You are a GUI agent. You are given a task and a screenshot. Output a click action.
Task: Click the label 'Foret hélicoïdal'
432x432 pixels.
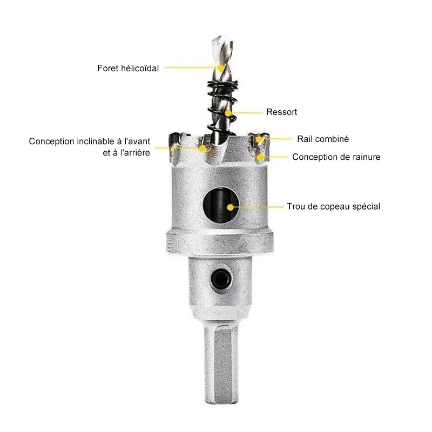(128, 68)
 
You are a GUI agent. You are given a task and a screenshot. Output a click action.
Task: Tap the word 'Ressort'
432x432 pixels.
(281, 112)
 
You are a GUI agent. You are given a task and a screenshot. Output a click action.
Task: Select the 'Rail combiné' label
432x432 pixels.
(323, 139)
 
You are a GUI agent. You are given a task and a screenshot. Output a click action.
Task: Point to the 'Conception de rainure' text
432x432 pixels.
(336, 157)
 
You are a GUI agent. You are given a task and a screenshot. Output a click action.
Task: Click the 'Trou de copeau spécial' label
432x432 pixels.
(333, 206)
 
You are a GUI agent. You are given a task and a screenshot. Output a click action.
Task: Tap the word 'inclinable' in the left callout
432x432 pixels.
(96, 141)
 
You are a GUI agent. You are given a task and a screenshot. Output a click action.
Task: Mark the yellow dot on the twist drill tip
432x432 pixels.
(220, 67)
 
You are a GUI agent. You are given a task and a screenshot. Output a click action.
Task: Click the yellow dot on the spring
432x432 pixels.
(228, 113)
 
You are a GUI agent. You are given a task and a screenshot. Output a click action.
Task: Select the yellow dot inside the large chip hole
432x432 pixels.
(230, 207)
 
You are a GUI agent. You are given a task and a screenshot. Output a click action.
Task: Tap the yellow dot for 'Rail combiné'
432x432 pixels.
(259, 139)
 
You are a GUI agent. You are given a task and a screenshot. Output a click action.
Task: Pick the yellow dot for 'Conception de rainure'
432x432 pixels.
(260, 157)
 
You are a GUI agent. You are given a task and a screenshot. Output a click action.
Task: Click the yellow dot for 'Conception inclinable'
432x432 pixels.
(203, 148)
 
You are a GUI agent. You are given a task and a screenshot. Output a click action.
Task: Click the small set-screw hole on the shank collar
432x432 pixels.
(221, 279)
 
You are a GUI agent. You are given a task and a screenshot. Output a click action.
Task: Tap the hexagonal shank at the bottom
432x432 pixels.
(221, 362)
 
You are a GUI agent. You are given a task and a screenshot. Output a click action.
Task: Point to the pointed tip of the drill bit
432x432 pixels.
(217, 37)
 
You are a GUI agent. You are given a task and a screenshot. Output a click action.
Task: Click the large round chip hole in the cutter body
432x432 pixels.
(221, 205)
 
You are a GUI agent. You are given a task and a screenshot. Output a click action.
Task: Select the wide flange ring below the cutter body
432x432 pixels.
(220, 244)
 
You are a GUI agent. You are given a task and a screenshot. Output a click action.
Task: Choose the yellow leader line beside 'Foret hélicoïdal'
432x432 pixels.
(190, 67)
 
